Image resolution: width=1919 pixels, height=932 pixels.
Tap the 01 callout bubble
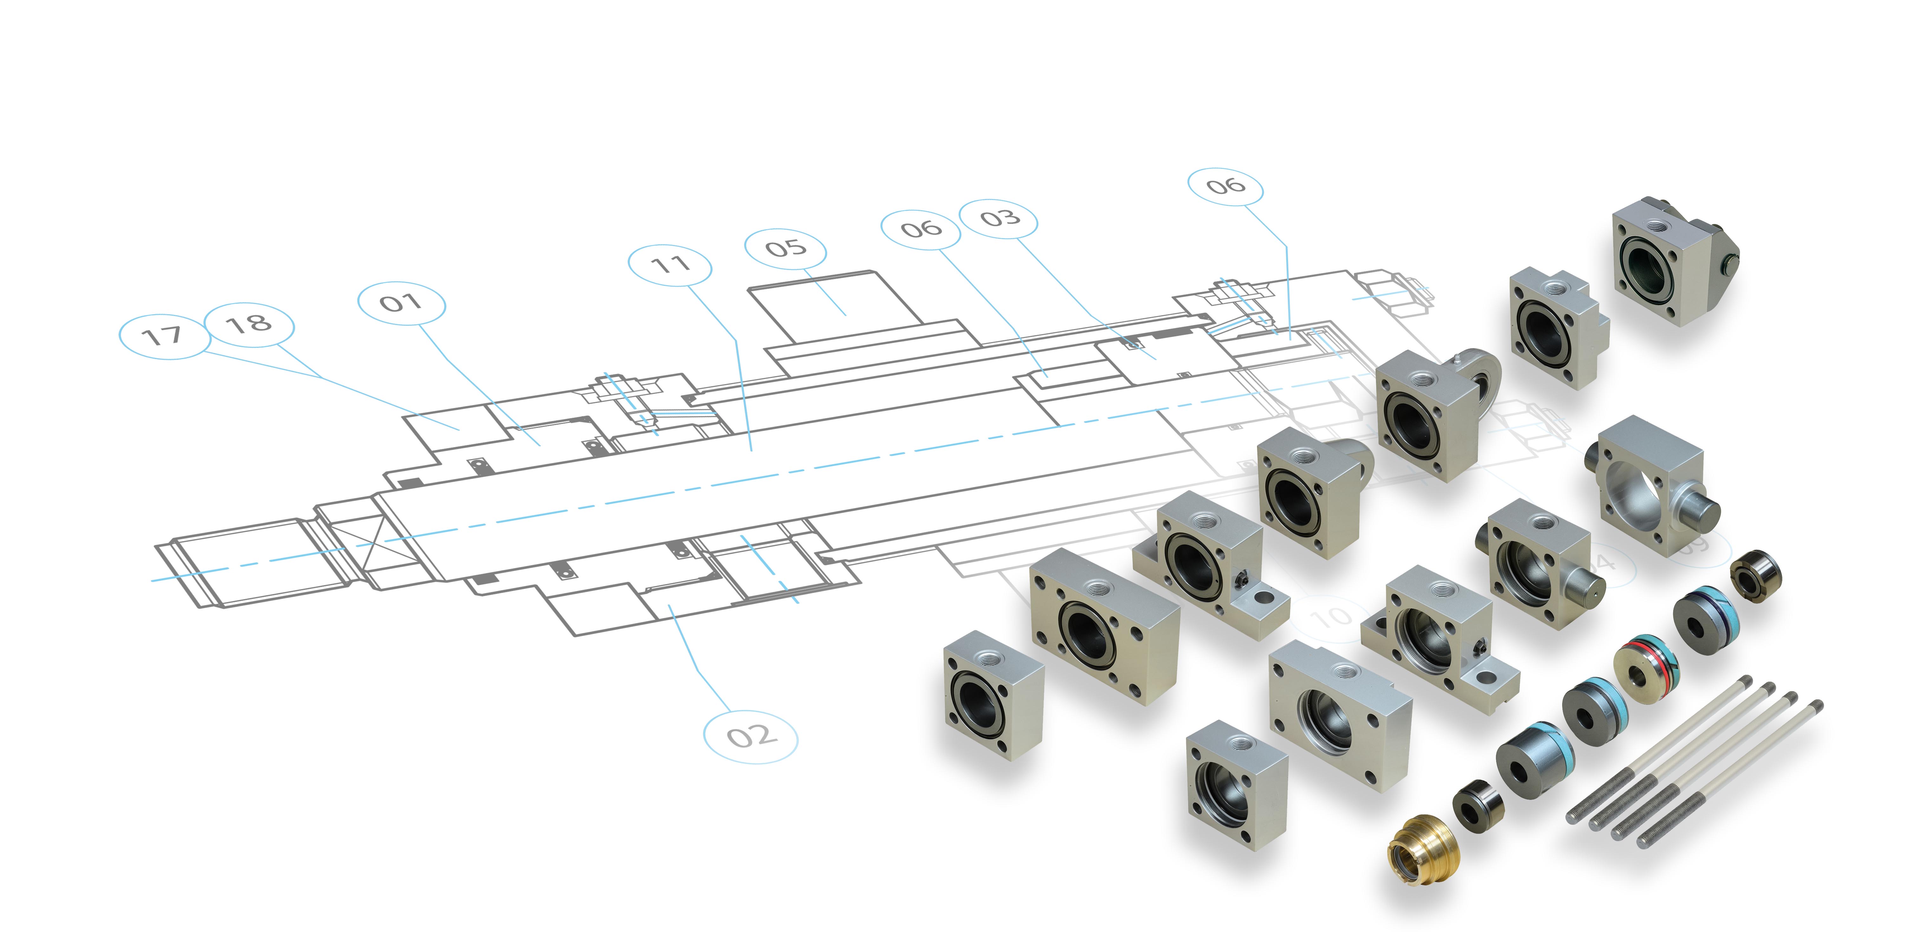pyautogui.click(x=402, y=303)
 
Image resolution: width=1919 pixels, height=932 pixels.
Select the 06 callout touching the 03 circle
pyautogui.click(x=921, y=228)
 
